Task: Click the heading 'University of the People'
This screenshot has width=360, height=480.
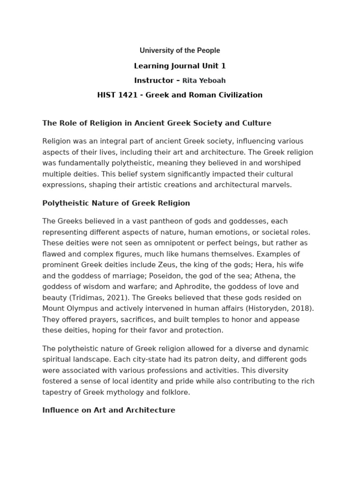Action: click(180, 51)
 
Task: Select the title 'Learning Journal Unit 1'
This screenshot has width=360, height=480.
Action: click(180, 66)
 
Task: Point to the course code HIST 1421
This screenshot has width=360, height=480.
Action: click(117, 95)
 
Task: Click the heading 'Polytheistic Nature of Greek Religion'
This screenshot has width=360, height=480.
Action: click(116, 203)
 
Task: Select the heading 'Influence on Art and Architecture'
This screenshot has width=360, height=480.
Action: click(109, 410)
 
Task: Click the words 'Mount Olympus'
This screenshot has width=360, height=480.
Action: click(67, 308)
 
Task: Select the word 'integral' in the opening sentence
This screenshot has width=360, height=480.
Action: click(113, 141)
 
